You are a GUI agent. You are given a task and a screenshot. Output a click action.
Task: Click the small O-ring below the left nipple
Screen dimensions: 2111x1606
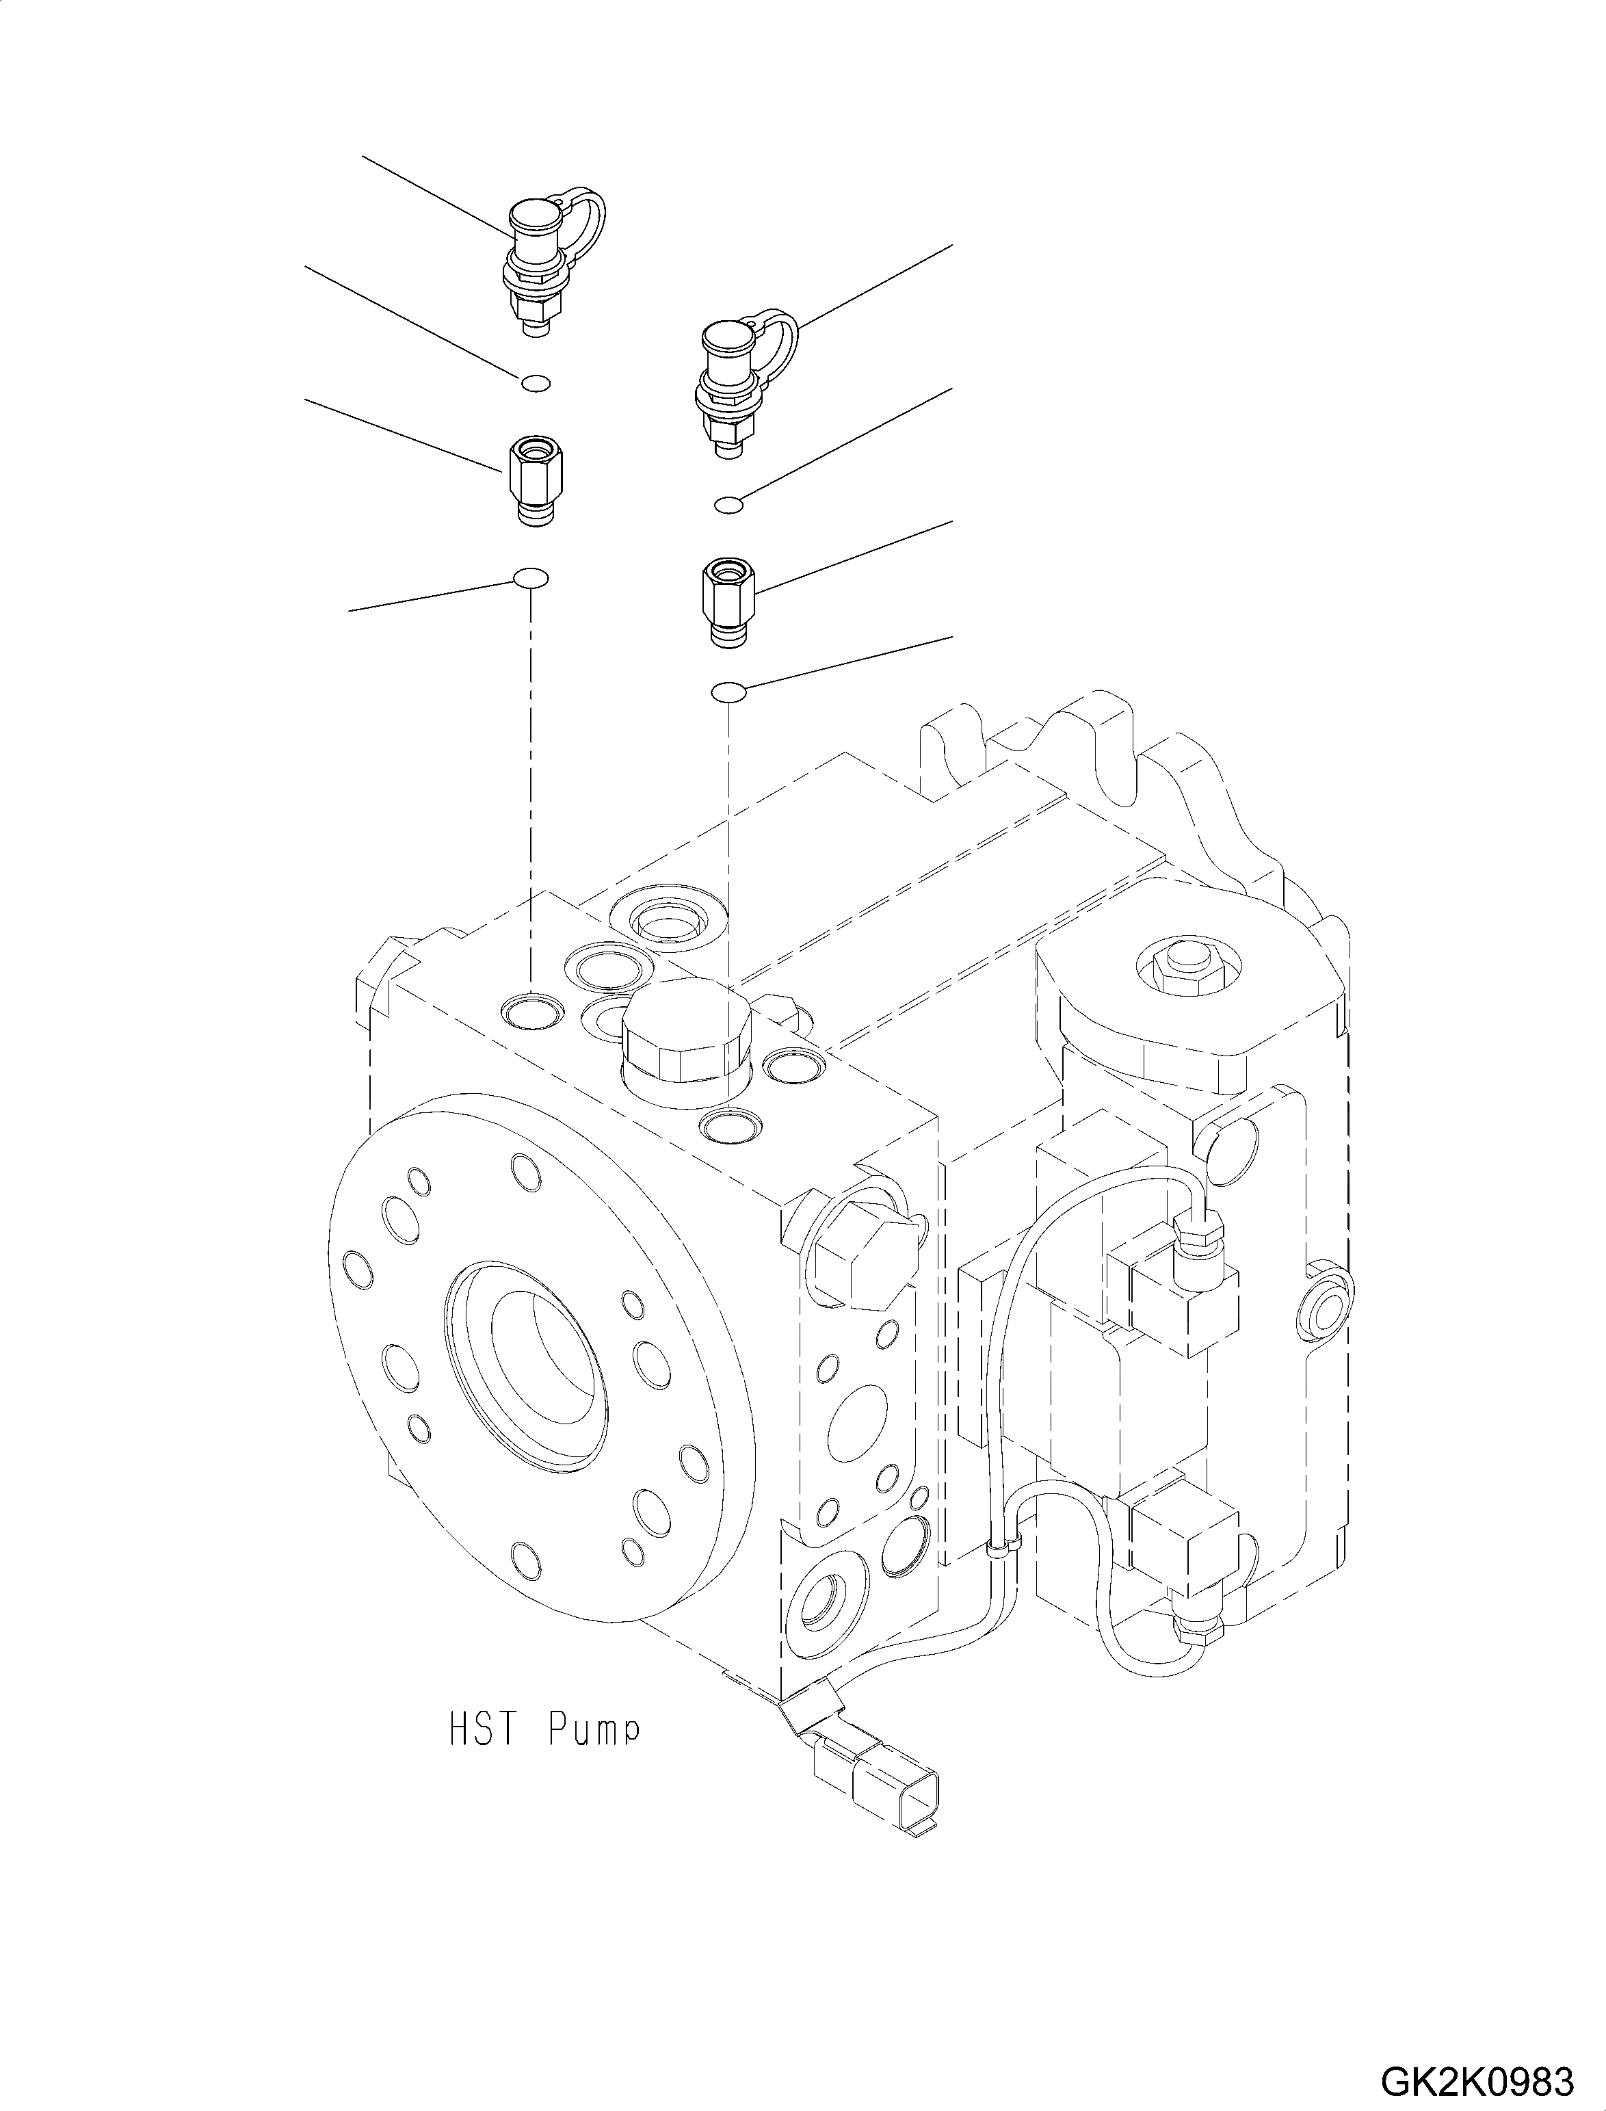[x=536, y=384]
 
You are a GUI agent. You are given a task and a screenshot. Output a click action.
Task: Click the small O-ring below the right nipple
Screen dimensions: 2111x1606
[x=728, y=504]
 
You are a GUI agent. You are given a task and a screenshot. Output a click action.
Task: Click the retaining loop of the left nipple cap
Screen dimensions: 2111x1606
[x=588, y=215]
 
